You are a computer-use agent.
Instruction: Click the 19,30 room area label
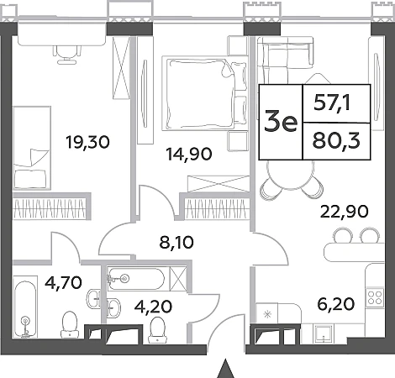87,142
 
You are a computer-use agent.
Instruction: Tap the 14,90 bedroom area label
189,154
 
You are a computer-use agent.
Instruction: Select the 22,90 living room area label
344,212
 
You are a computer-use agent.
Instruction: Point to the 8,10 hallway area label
176,243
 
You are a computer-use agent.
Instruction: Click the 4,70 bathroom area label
63,282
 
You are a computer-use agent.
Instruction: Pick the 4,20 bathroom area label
153,307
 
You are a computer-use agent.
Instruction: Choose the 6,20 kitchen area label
336,304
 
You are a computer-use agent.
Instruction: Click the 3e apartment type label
281,123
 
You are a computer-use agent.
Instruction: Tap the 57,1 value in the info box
332,104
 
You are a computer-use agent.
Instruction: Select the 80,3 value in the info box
336,141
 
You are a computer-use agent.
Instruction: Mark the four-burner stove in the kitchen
375,297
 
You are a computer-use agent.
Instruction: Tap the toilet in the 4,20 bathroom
157,330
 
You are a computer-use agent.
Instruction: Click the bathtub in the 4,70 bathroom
25,307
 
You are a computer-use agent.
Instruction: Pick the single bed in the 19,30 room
32,148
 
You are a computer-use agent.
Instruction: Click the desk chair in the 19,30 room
67,54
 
